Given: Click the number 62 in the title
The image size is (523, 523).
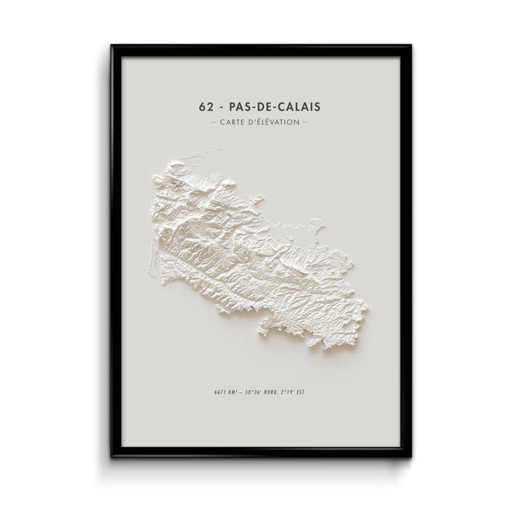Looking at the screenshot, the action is pyautogui.click(x=206, y=107).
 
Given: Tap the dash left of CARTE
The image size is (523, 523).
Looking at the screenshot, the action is pyautogui.click(x=214, y=122).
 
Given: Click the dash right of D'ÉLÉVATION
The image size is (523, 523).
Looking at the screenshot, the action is pyautogui.click(x=305, y=122).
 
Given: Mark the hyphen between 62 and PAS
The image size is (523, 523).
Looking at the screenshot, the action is pyautogui.click(x=221, y=108).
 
